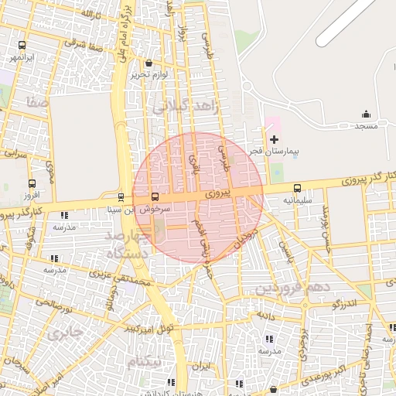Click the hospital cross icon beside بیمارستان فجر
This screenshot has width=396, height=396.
coord(274,139)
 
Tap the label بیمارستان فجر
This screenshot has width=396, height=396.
coord(273,152)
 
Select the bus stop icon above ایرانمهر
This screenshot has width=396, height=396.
coord(21,45)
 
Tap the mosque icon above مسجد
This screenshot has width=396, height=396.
coord(366,114)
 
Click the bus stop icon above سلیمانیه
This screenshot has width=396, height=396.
coord(298,187)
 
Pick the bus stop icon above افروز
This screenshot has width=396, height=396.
coord(32,183)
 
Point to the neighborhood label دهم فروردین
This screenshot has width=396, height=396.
coord(292,288)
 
